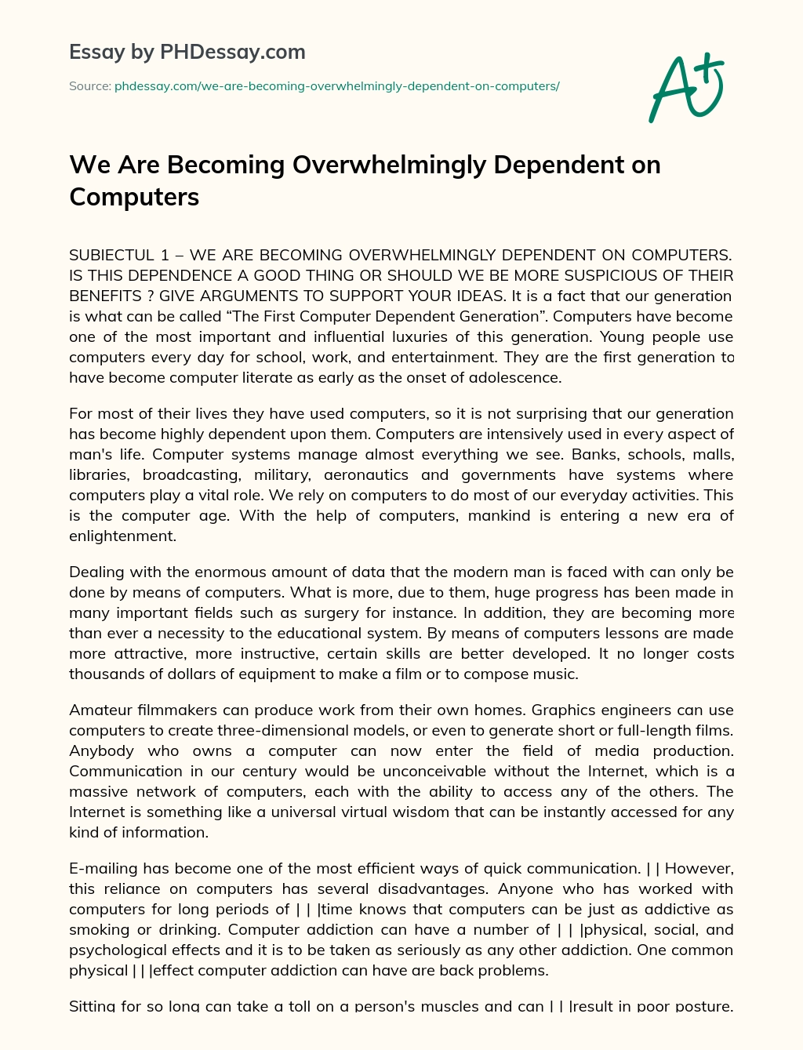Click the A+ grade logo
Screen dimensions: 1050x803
point(686,87)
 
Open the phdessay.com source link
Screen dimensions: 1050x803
point(337,86)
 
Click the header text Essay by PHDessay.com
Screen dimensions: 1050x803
point(187,52)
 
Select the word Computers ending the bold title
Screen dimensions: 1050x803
point(134,196)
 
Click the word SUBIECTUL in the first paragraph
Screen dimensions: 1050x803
point(112,255)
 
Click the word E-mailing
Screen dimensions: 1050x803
point(104,868)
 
